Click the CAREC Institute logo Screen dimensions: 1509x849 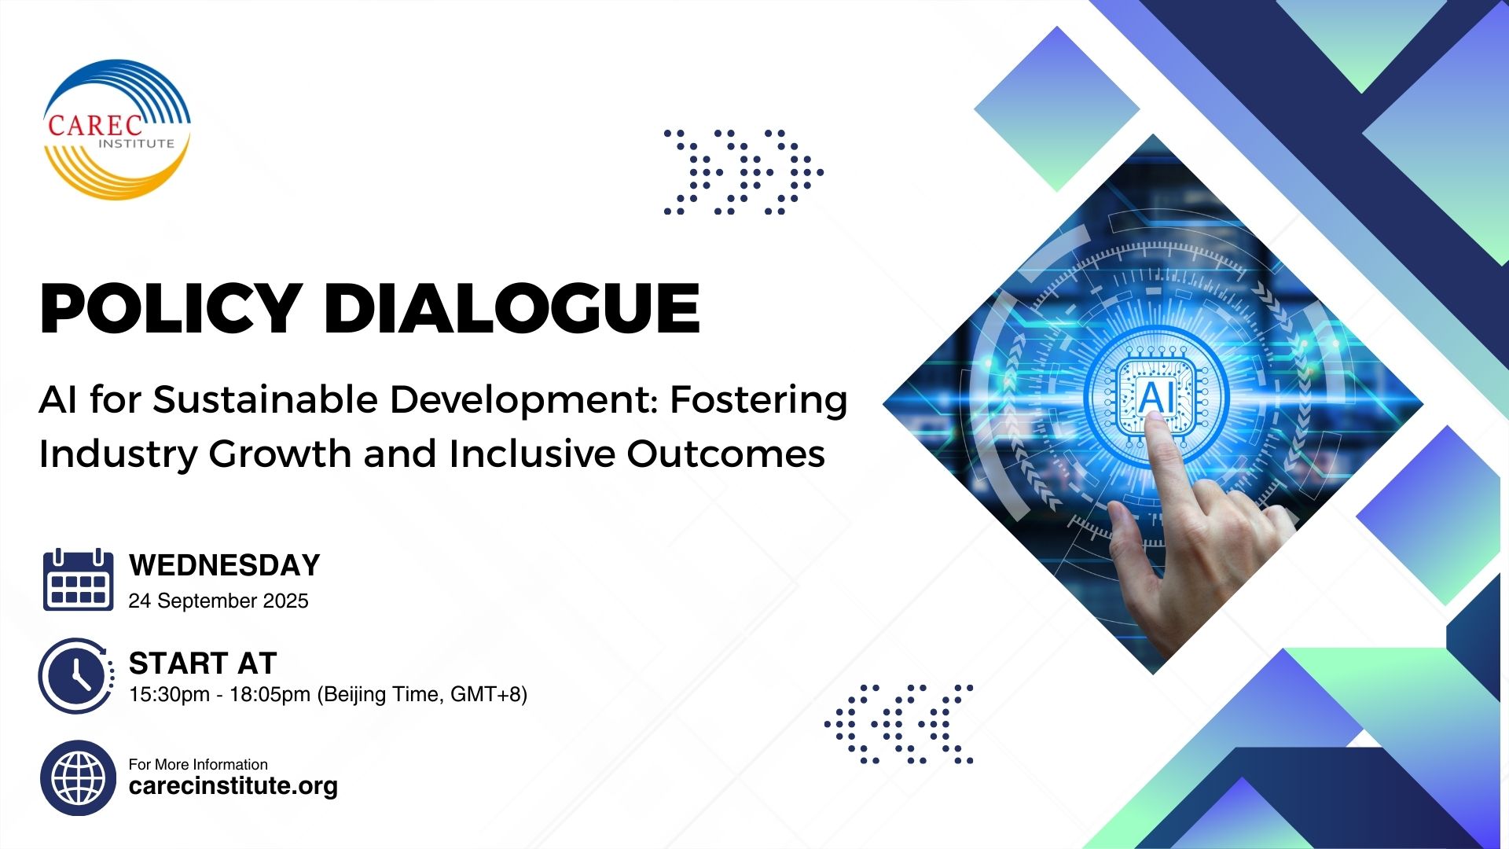click(116, 130)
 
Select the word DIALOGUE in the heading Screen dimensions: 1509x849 click(511, 308)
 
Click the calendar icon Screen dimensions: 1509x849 click(78, 580)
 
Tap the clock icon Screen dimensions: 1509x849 click(76, 675)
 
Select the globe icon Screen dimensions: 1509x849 click(78, 778)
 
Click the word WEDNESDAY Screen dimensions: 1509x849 click(225, 565)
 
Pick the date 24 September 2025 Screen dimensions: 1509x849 click(218, 601)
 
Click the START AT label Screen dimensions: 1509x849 click(203, 663)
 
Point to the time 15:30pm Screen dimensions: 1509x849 click(168, 695)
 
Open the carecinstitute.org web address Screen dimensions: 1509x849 click(233, 786)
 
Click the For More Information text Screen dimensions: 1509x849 click(198, 764)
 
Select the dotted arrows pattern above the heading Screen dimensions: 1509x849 click(743, 172)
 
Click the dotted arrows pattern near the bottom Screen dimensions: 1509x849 click(899, 723)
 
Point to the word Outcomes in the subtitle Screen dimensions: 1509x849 click(726, 454)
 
